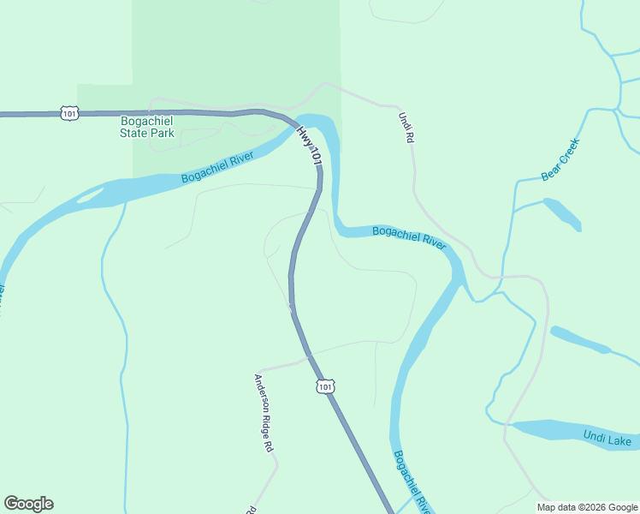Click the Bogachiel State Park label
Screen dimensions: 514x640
(x=147, y=127)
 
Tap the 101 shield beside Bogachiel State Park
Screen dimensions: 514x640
(x=70, y=113)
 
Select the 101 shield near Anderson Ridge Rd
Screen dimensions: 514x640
(x=324, y=387)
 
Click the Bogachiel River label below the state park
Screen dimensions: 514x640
(x=217, y=166)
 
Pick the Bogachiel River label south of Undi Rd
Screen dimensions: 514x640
(x=409, y=236)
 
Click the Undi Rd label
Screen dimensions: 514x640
(x=406, y=128)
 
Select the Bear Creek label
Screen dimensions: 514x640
(x=560, y=159)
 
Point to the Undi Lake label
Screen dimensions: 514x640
(x=607, y=439)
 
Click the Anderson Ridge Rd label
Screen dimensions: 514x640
(x=264, y=412)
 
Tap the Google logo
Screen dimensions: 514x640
(x=28, y=504)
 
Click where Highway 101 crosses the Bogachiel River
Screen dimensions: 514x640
(x=308, y=124)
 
